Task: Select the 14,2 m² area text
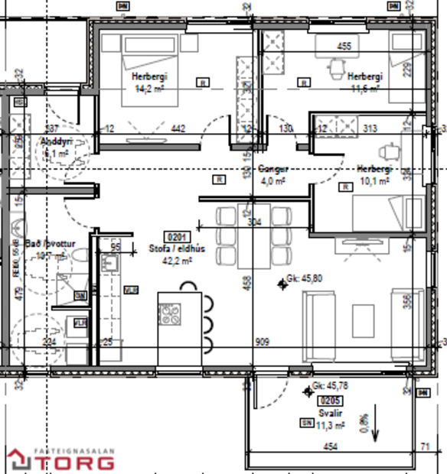(149, 89)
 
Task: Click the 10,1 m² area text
(375, 181)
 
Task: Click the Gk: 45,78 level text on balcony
(331, 388)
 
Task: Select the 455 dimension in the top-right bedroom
(344, 46)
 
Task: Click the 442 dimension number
(178, 129)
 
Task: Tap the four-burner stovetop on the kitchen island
(169, 313)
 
